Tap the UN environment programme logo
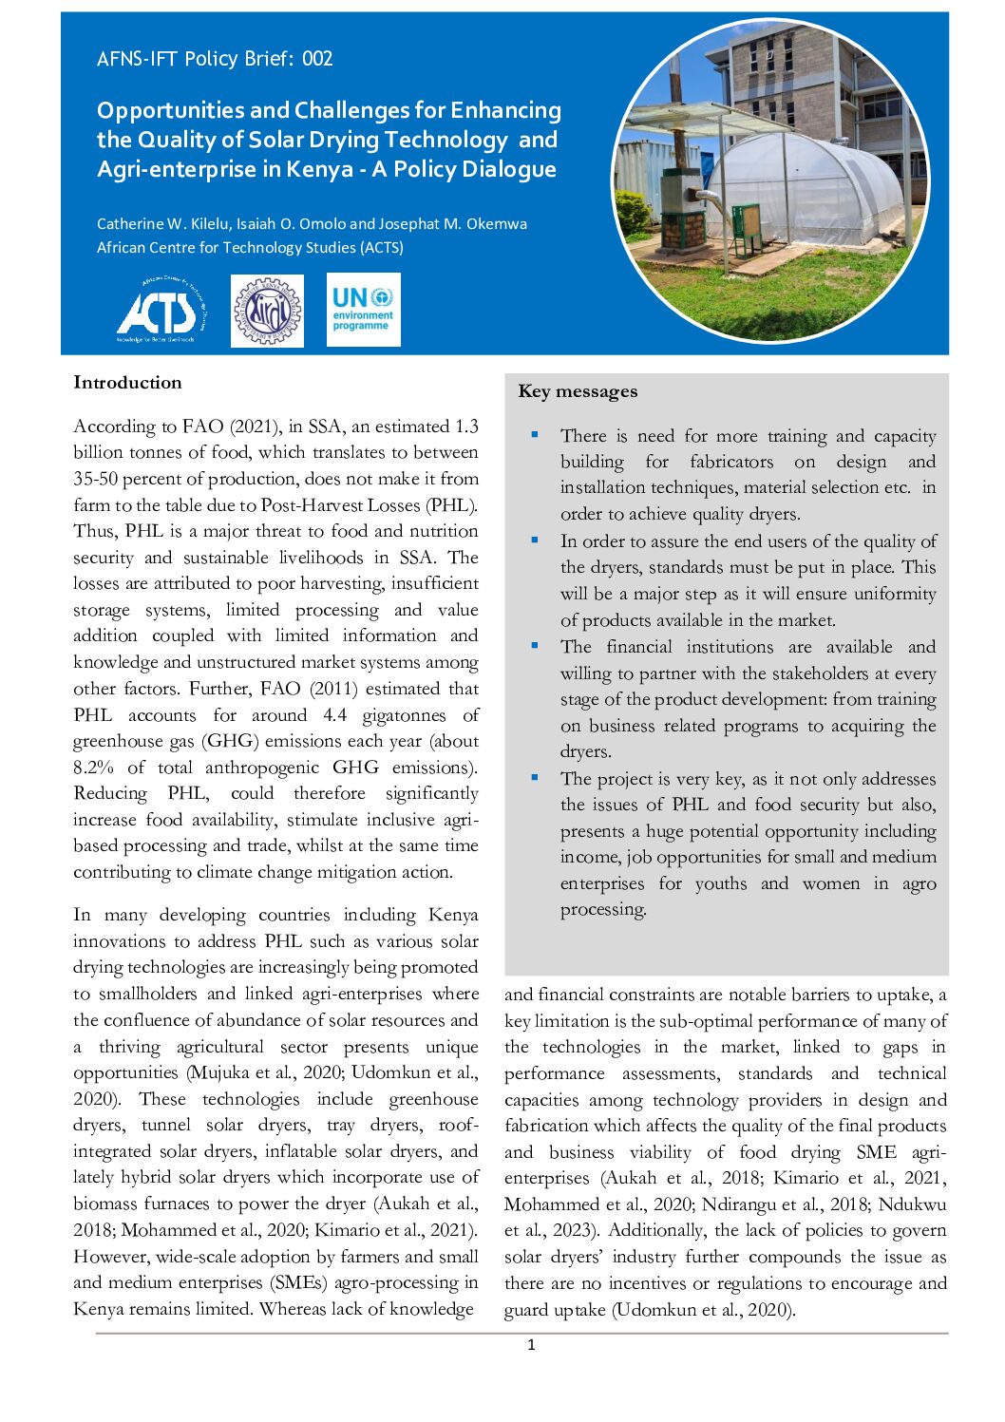tap(363, 310)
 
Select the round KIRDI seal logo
tap(267, 311)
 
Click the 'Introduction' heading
tap(127, 383)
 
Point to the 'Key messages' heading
tap(578, 391)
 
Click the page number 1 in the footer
tap(531, 1344)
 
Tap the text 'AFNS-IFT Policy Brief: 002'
tap(215, 59)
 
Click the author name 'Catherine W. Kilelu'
tap(162, 224)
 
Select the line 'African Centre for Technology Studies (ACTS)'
tap(250, 248)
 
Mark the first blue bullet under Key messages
tap(535, 435)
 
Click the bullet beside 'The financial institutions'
tap(535, 646)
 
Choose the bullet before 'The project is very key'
tap(535, 778)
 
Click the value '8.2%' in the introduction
tap(94, 768)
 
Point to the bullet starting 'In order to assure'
tap(535, 540)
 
